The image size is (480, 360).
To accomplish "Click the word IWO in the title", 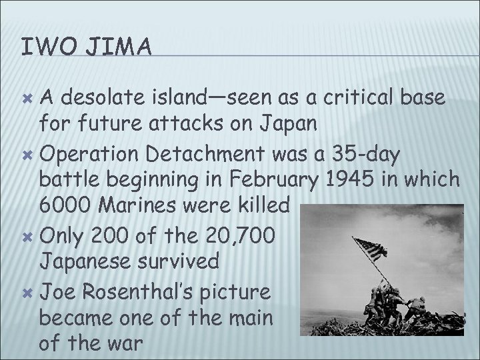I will pos(42,47).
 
